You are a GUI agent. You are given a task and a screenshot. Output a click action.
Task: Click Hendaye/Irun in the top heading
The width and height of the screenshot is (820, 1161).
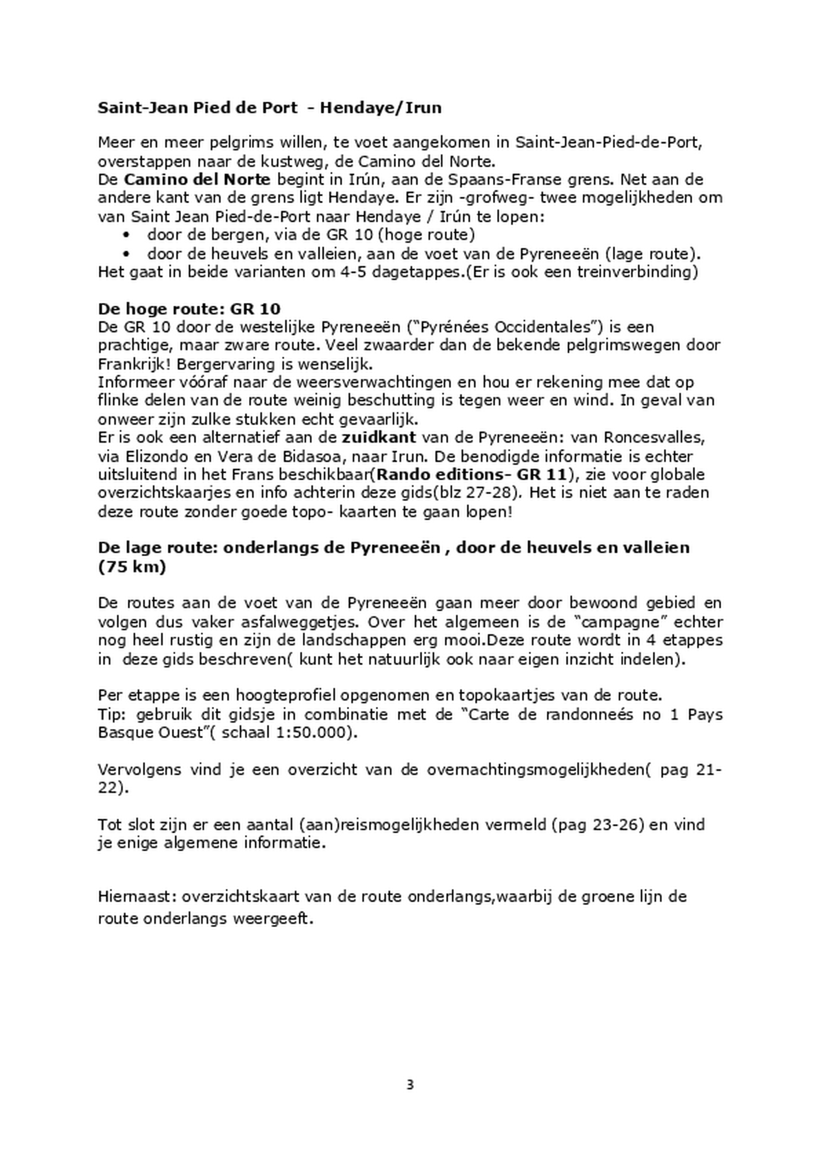(380, 108)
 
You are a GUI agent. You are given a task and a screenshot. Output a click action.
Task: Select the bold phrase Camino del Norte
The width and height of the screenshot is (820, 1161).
(197, 179)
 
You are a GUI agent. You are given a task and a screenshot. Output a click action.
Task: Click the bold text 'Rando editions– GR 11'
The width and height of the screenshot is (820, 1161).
(471, 475)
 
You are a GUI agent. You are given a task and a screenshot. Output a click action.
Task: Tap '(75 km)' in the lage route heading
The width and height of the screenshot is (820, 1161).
(132, 567)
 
